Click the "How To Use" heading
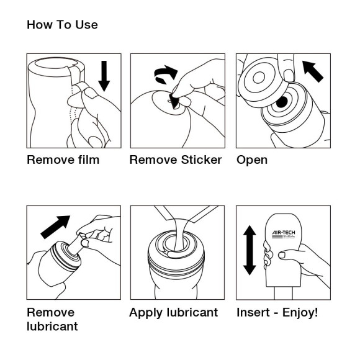pyautogui.click(x=62, y=25)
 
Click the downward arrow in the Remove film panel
pyautogui.click(x=104, y=75)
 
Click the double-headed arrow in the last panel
pyautogui.click(x=249, y=250)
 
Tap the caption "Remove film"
pyautogui.click(x=63, y=160)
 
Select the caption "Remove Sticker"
pyautogui.click(x=175, y=160)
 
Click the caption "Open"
pyautogui.click(x=252, y=160)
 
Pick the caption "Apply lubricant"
pyautogui.click(x=173, y=312)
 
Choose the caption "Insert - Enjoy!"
pyautogui.click(x=277, y=312)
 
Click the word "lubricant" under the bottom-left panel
pyautogui.click(x=53, y=326)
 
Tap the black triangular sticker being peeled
pyautogui.click(x=174, y=101)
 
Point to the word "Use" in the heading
pyautogui.click(x=86, y=25)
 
